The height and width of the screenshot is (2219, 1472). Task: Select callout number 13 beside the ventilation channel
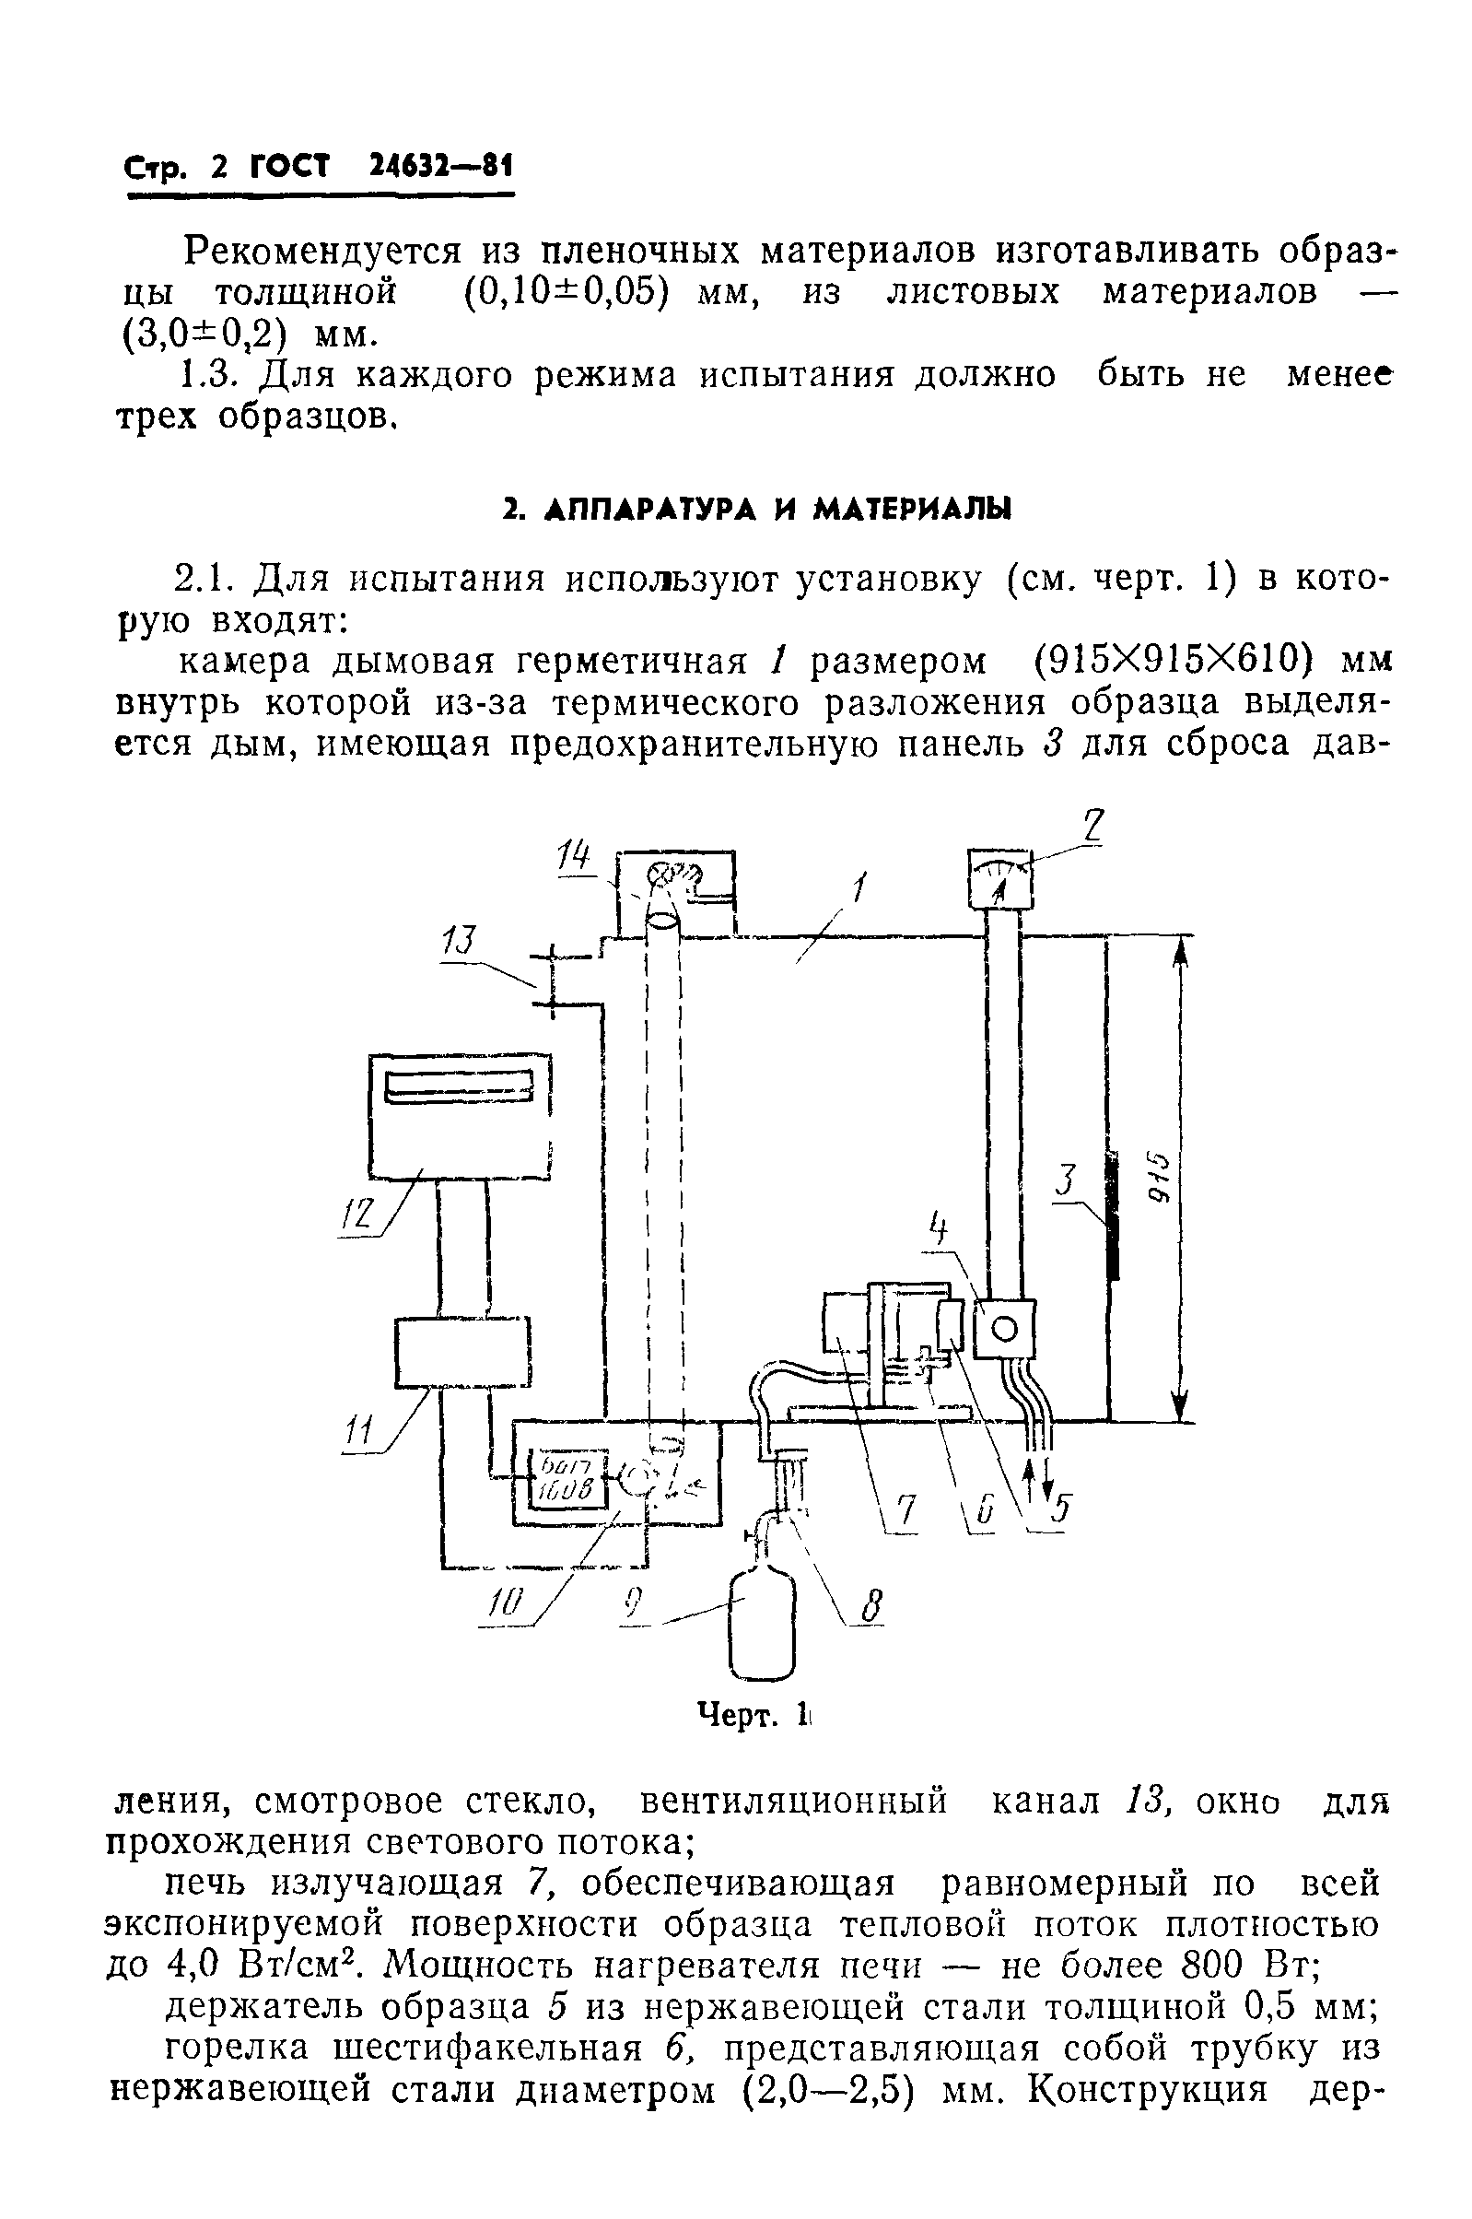tap(460, 941)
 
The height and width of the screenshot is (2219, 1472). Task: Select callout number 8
tap(871, 1608)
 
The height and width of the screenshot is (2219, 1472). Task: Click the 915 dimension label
tap(1162, 1178)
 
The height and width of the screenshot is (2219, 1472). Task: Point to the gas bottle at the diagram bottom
tap(763, 1627)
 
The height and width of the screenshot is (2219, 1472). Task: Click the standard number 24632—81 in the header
tap(438, 167)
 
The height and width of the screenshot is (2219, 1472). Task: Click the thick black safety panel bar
tap(1114, 1215)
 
